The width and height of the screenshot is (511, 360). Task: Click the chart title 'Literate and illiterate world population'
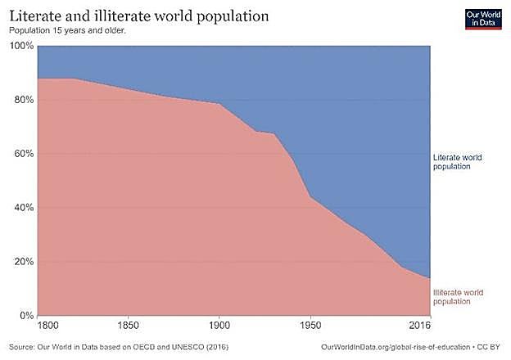139,16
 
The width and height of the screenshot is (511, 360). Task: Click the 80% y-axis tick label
22,100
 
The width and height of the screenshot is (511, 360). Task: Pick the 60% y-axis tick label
22,154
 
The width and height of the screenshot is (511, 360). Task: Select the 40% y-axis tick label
22,208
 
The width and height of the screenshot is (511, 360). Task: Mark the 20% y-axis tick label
22,262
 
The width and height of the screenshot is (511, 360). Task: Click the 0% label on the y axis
25,316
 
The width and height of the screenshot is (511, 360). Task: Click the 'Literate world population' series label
462,161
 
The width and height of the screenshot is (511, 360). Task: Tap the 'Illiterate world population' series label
462,297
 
